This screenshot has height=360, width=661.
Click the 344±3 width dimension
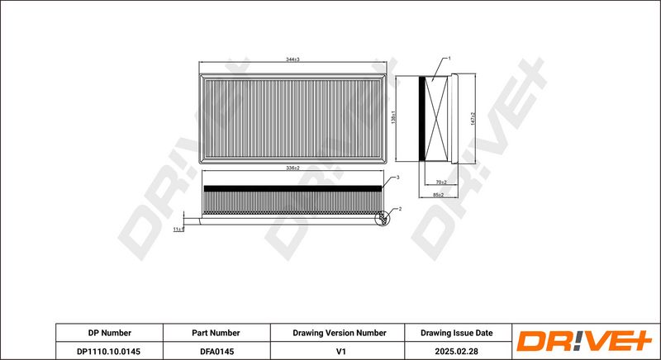point(292,59)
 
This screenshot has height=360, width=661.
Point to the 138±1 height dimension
point(393,118)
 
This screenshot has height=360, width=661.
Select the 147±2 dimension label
point(473,119)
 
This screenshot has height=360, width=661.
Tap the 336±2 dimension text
point(292,168)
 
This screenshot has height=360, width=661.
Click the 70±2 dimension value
point(440,182)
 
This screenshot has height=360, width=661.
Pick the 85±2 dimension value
point(439,194)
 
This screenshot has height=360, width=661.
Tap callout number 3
point(398,178)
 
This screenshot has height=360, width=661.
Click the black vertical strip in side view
point(427,118)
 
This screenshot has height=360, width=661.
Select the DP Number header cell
point(109,333)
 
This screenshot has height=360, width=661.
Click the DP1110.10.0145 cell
point(109,350)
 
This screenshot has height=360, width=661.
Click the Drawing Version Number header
point(339,333)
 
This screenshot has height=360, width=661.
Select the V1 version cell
point(339,350)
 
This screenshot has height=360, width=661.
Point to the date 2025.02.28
point(456,350)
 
